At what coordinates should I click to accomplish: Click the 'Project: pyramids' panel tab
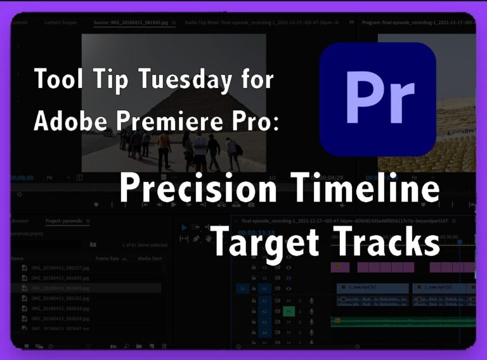[x=67, y=221]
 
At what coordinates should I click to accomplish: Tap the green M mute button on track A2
[x=289, y=311]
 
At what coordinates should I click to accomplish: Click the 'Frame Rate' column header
[x=108, y=259]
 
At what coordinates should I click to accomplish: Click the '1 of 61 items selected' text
[x=144, y=245]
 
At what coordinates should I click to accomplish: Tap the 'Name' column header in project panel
[x=18, y=259]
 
